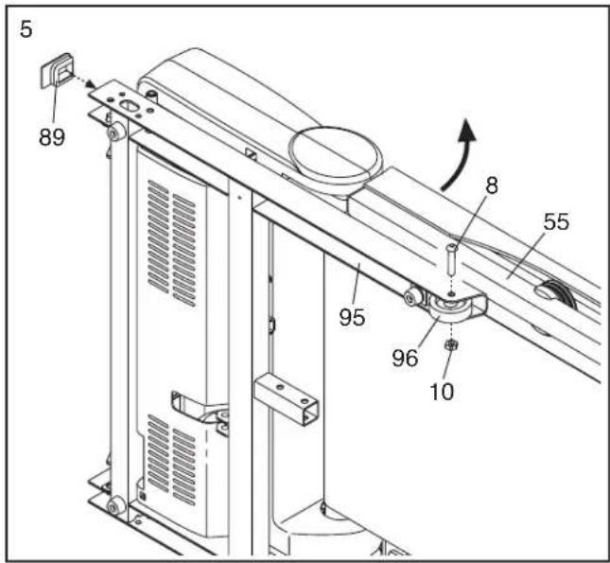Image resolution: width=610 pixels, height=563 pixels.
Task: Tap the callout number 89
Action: (x=52, y=136)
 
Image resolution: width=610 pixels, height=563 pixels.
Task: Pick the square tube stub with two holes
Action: (x=288, y=396)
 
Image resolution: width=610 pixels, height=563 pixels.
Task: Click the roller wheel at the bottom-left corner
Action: (x=113, y=506)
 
